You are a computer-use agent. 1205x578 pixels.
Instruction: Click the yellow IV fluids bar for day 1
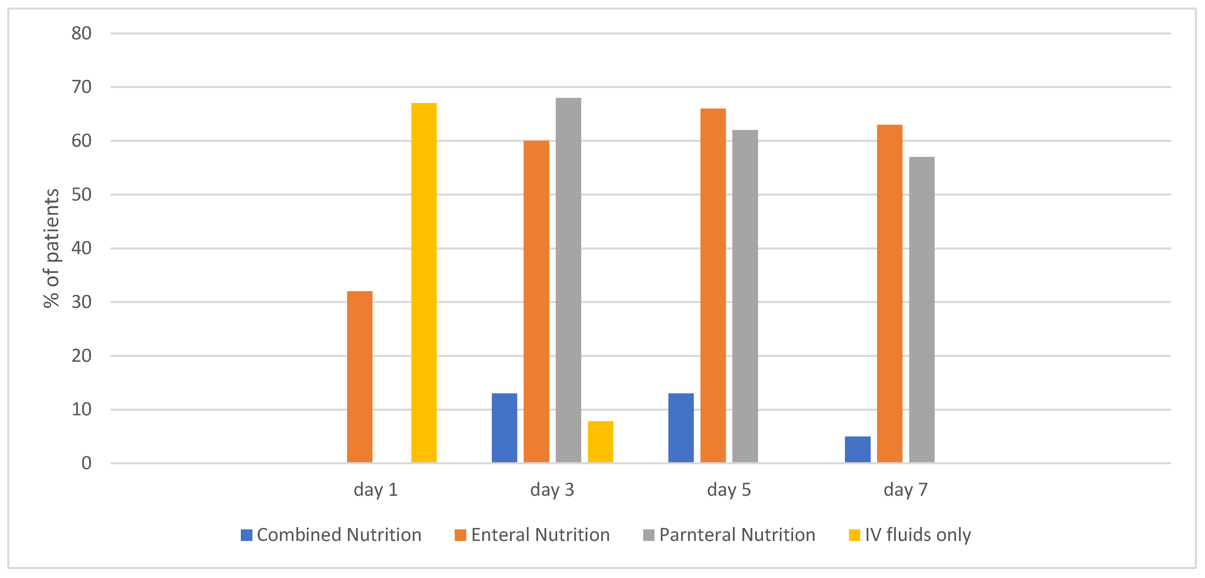coord(424,283)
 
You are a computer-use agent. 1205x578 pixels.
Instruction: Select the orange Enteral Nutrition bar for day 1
coord(360,377)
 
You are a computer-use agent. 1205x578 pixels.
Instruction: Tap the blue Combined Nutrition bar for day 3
coord(504,428)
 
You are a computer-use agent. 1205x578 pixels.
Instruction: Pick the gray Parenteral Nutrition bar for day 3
coord(568,280)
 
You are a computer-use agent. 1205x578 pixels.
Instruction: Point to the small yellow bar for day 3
coord(600,442)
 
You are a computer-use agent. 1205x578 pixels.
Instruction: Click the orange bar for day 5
coord(713,286)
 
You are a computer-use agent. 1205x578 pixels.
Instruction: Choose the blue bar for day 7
coord(857,449)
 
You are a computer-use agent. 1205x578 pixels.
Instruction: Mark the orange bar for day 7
coord(889,294)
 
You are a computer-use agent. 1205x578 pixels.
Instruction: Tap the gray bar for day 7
coord(922,310)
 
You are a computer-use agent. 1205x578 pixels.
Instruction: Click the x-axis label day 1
coord(376,490)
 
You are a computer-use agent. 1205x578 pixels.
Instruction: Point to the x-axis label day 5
coord(729,490)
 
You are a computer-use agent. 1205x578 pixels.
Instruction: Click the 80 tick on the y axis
coord(81,33)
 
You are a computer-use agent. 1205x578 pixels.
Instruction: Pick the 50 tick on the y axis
coord(81,194)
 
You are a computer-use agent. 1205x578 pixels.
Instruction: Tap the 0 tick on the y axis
coord(87,463)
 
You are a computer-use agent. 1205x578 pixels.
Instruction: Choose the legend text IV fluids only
coord(918,535)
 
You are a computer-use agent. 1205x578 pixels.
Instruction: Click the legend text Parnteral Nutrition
coord(737,535)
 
